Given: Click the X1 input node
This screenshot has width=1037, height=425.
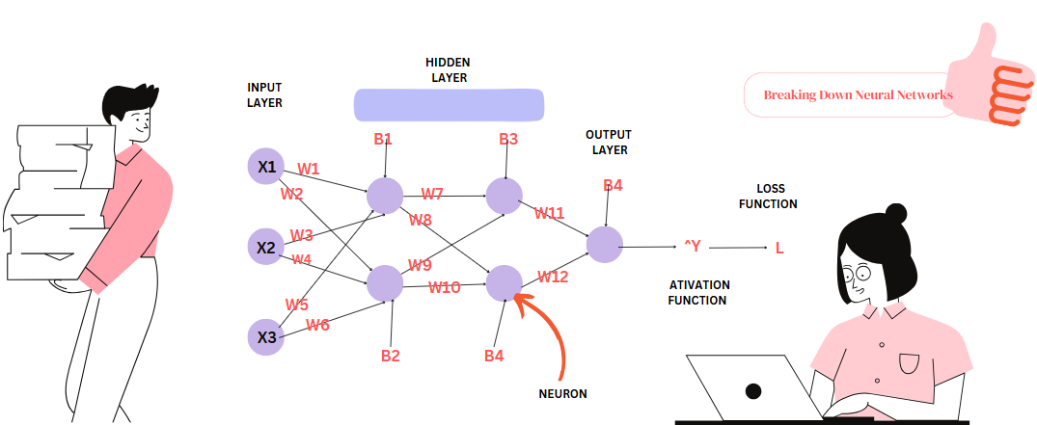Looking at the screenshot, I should click(266, 167).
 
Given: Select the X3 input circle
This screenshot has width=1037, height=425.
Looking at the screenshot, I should click(266, 337).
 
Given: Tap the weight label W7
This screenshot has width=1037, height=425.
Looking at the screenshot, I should click(432, 194).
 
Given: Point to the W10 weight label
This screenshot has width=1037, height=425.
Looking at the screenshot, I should click(445, 286).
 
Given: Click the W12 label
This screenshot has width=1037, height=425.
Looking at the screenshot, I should click(553, 278).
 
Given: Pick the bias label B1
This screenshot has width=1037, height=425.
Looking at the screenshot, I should click(383, 139).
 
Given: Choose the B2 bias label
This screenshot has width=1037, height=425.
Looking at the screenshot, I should click(390, 356).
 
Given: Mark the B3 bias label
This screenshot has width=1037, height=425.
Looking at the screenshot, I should click(508, 139).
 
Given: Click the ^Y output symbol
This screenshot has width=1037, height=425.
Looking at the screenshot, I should click(692, 248).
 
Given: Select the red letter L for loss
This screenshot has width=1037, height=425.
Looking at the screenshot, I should click(779, 248).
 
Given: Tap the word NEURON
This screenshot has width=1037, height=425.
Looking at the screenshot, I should click(563, 393).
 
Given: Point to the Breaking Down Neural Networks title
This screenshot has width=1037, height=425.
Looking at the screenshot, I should click(858, 94).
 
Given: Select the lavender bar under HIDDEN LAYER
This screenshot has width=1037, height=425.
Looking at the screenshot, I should click(449, 104).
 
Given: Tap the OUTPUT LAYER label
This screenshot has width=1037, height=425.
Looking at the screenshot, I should click(608, 142).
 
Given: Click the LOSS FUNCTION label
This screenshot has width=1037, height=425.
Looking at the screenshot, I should click(768, 197).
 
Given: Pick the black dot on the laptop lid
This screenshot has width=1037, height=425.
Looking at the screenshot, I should click(753, 391).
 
